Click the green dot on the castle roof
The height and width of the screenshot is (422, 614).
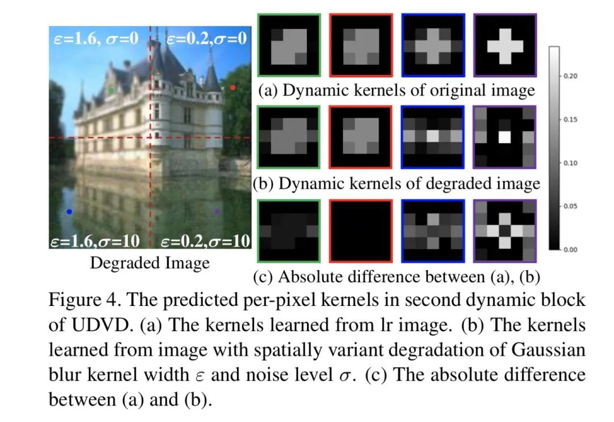pos(111,90)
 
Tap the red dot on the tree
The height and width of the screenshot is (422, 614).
pos(233,87)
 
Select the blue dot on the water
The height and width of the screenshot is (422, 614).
pos(69,212)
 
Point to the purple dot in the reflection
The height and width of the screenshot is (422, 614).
pos(217,212)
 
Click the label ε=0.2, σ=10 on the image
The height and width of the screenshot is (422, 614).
pos(205,241)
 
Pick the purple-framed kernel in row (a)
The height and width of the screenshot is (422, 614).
pos(505,45)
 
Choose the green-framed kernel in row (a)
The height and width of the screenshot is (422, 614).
pos(289,45)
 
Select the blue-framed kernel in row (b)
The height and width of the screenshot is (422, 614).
pos(433,136)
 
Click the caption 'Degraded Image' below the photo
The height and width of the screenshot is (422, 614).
pos(150,263)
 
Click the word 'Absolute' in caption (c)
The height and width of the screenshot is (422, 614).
pos(308,276)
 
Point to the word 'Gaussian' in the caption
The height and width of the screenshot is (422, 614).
pos(542,350)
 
